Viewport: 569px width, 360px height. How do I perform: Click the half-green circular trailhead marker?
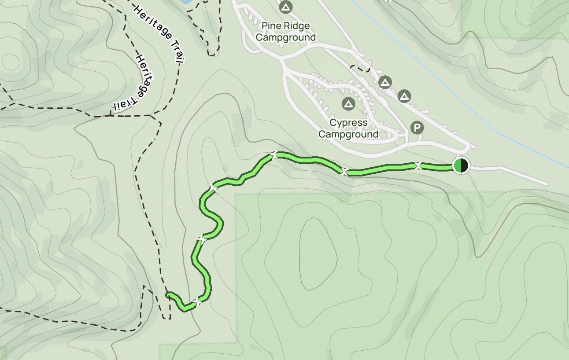461,165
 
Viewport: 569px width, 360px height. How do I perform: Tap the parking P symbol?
417,128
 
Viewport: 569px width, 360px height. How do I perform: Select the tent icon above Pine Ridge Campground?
286,7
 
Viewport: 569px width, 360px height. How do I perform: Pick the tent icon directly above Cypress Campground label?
348,104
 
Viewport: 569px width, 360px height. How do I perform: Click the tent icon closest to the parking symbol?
404,96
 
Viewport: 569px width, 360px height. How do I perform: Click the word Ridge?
297,26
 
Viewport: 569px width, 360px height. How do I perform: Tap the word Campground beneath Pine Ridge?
286,37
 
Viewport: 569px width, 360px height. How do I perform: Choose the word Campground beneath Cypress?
348,134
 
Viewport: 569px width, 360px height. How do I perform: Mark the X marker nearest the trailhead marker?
418,166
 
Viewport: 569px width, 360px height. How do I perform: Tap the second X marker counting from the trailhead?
344,171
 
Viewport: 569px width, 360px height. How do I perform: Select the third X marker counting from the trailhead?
274,155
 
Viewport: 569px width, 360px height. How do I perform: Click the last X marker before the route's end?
197,302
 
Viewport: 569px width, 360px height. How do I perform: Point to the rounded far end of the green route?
168,294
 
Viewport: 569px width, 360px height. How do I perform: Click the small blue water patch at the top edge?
185,1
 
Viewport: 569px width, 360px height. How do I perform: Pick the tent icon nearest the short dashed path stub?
385,82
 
